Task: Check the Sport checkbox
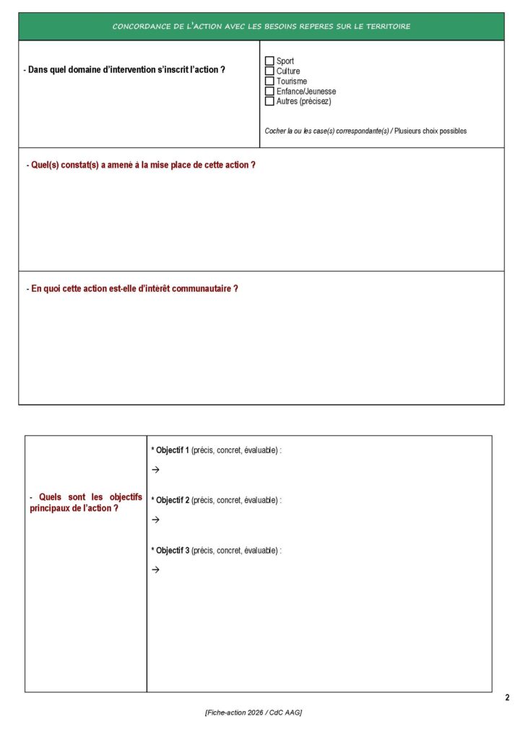pyautogui.click(x=270, y=61)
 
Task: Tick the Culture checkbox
pyautogui.click(x=270, y=72)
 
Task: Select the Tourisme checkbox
pyautogui.click(x=270, y=82)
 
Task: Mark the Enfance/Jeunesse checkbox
pyautogui.click(x=270, y=92)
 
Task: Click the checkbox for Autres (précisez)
pyautogui.click(x=270, y=102)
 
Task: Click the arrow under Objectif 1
pyautogui.click(x=155, y=470)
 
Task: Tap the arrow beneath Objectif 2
pyautogui.click(x=155, y=520)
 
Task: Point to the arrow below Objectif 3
pyautogui.click(x=155, y=569)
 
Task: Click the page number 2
pyautogui.click(x=507, y=698)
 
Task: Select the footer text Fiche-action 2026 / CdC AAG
pyautogui.click(x=254, y=713)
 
